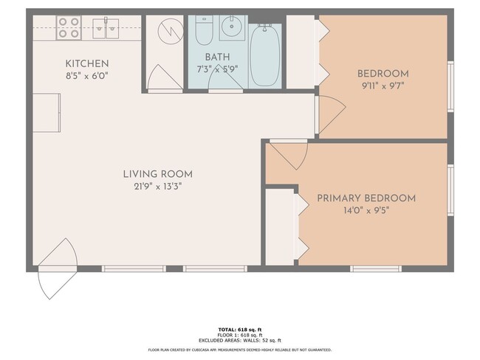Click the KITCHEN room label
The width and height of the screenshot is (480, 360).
click(87, 63)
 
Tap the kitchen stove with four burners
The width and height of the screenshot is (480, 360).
click(69, 27)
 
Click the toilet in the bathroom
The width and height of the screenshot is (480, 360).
click(205, 30)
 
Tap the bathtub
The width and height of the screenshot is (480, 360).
click(264, 56)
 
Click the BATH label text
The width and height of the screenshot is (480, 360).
click(217, 56)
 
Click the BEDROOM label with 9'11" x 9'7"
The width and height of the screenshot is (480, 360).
click(383, 73)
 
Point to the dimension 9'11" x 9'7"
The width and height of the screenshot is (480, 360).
click(383, 85)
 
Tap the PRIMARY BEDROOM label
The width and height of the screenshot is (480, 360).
click(366, 198)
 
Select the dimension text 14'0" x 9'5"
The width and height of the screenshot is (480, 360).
click(366, 210)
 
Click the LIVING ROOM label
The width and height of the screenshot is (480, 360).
click(157, 174)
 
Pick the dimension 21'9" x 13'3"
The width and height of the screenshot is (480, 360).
click(157, 186)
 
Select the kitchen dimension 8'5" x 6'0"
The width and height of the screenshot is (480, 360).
click(87, 75)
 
